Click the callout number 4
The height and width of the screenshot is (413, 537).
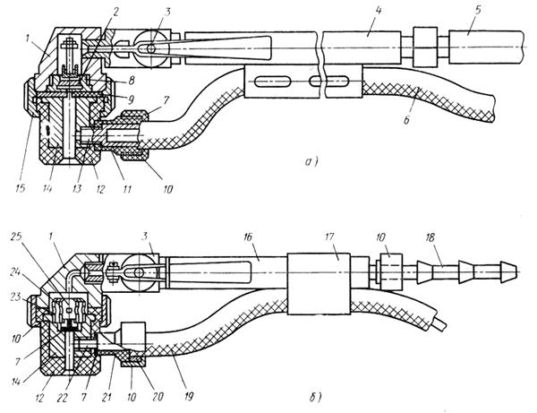tap(378, 12)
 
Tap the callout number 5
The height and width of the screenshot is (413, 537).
tap(477, 10)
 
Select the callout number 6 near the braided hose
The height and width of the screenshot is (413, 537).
tap(406, 120)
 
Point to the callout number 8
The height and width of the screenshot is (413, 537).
tap(131, 81)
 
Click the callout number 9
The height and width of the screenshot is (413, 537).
tap(131, 99)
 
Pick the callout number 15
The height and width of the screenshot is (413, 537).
tap(21, 188)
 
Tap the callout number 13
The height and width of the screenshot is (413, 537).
tap(77, 188)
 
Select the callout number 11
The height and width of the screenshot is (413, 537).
tap(127, 188)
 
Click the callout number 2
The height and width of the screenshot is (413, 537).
tap(115, 13)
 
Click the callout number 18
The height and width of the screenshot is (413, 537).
tap(430, 237)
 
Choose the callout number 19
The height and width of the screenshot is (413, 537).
tap(188, 396)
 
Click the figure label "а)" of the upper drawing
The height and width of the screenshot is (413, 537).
tap(311, 161)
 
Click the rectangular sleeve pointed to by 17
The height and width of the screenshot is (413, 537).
tap(319, 284)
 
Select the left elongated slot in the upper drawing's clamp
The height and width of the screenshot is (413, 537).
tap(273, 82)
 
